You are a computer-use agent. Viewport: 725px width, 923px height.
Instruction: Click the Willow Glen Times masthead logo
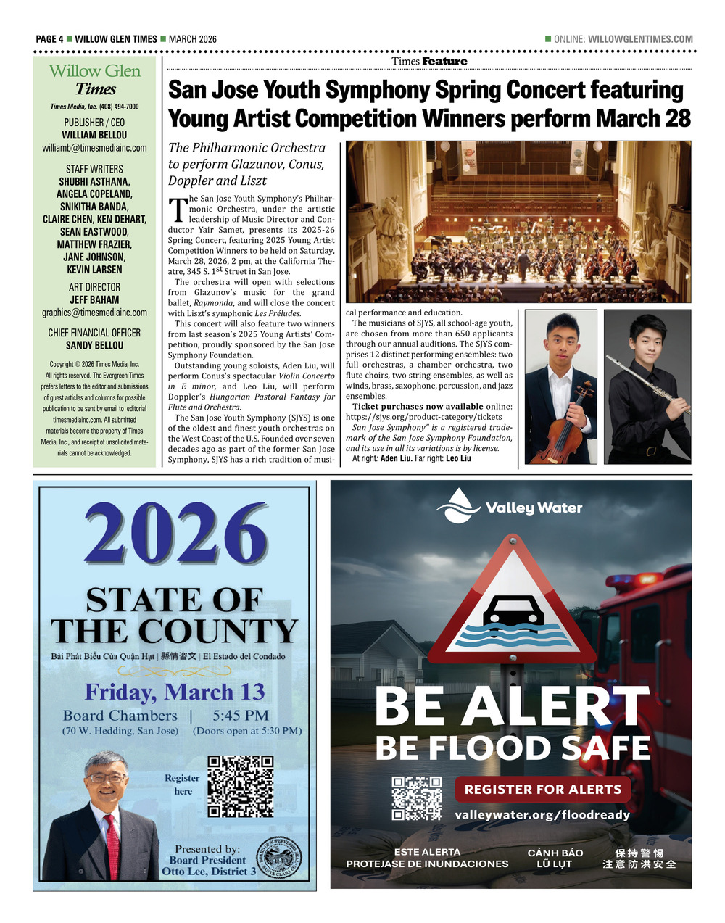[95, 80]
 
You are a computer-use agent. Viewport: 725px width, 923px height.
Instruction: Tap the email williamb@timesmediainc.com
[94, 148]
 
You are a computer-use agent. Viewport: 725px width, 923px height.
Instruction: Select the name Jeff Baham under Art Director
[94, 299]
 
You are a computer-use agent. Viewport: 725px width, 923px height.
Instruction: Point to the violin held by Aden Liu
[565, 428]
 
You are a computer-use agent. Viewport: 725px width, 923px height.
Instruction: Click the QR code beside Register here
[241, 786]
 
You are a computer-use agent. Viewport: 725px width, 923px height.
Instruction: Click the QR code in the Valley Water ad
[417, 798]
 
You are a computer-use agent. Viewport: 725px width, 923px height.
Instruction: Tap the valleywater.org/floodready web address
[542, 815]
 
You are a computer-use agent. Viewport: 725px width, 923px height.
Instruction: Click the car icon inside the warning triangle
[513, 610]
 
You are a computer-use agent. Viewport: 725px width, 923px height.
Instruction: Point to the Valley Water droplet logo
[458, 505]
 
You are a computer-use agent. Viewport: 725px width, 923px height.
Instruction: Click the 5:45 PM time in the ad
[241, 716]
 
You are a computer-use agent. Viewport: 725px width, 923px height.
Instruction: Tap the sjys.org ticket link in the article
[423, 417]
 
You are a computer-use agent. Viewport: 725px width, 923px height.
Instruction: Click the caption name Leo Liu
[458, 458]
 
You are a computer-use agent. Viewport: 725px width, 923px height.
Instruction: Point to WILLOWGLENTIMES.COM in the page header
[640, 39]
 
